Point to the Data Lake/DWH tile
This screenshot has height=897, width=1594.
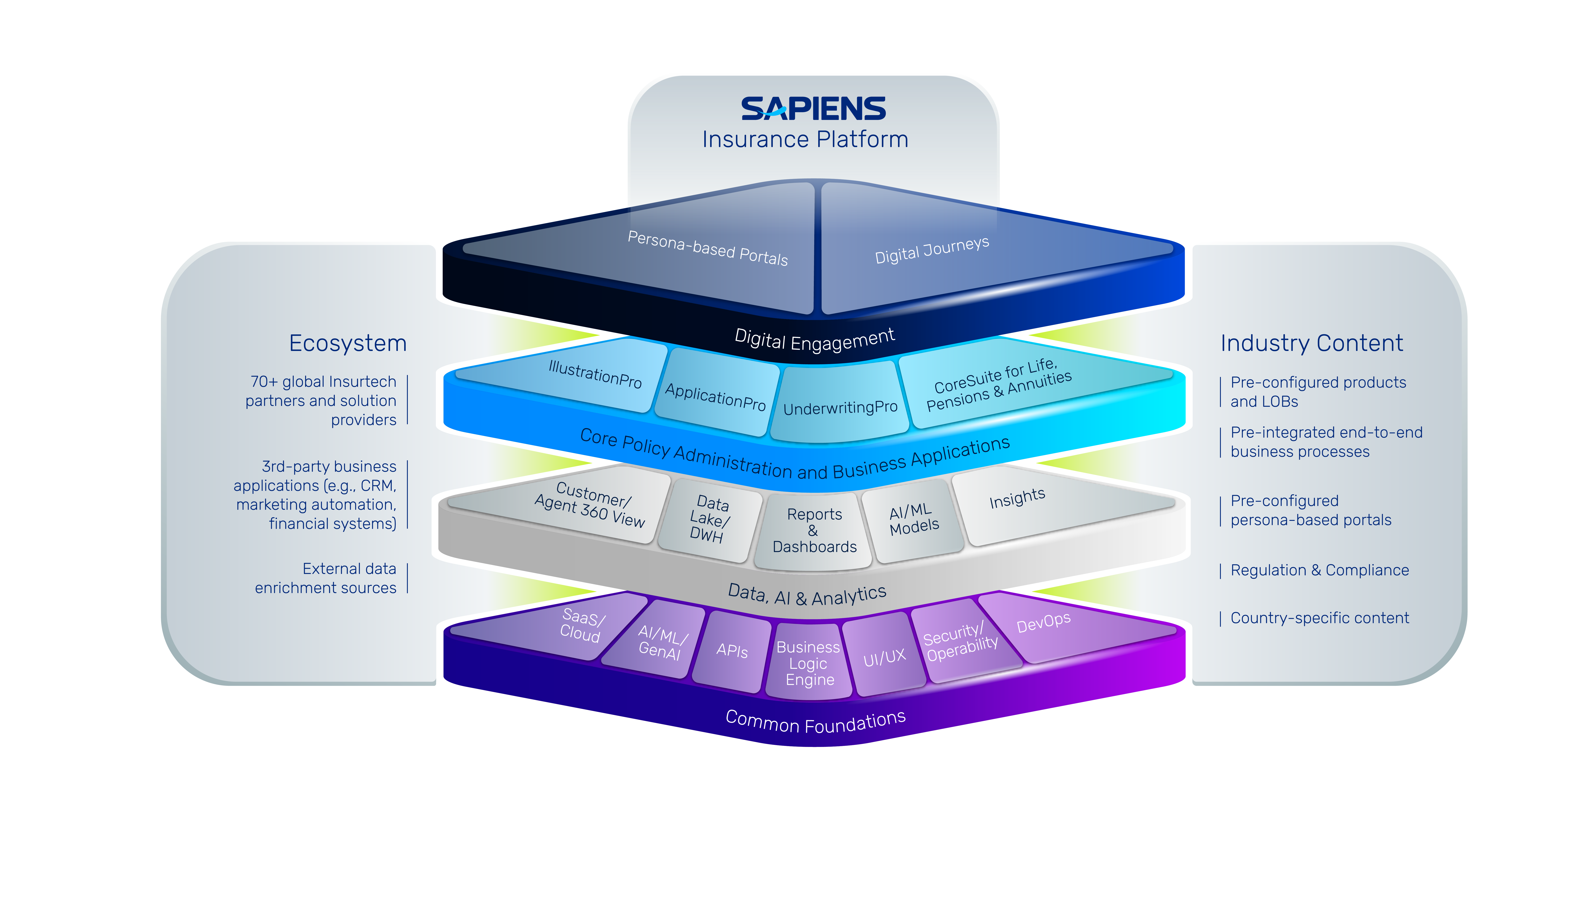click(710, 519)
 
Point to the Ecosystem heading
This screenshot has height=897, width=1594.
click(348, 343)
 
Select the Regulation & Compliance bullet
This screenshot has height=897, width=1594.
click(1319, 570)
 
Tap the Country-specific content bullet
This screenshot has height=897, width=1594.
click(1319, 618)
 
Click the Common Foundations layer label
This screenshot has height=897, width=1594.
click(816, 721)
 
